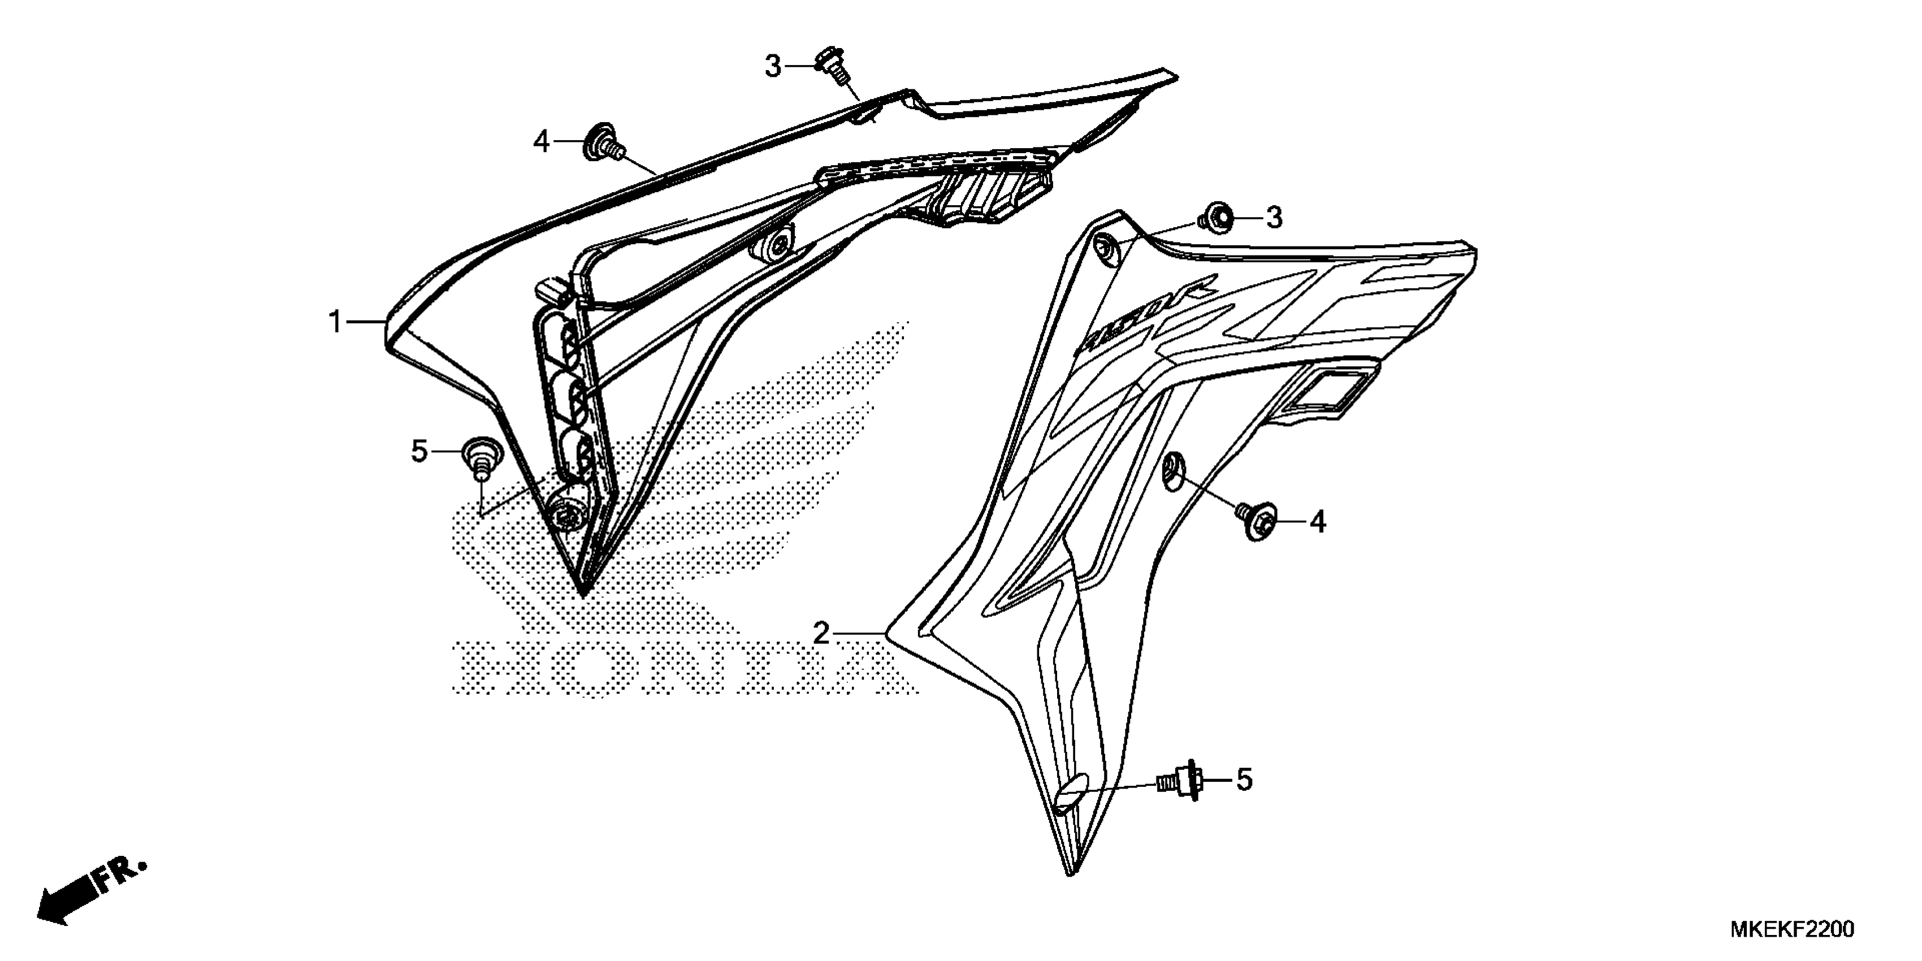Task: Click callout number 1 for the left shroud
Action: click(335, 322)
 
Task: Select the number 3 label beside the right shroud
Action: click(1274, 218)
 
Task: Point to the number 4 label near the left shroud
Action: click(541, 141)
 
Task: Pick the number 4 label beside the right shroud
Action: click(1318, 522)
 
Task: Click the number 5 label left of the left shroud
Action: click(419, 452)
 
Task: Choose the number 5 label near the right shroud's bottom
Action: click(1244, 781)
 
